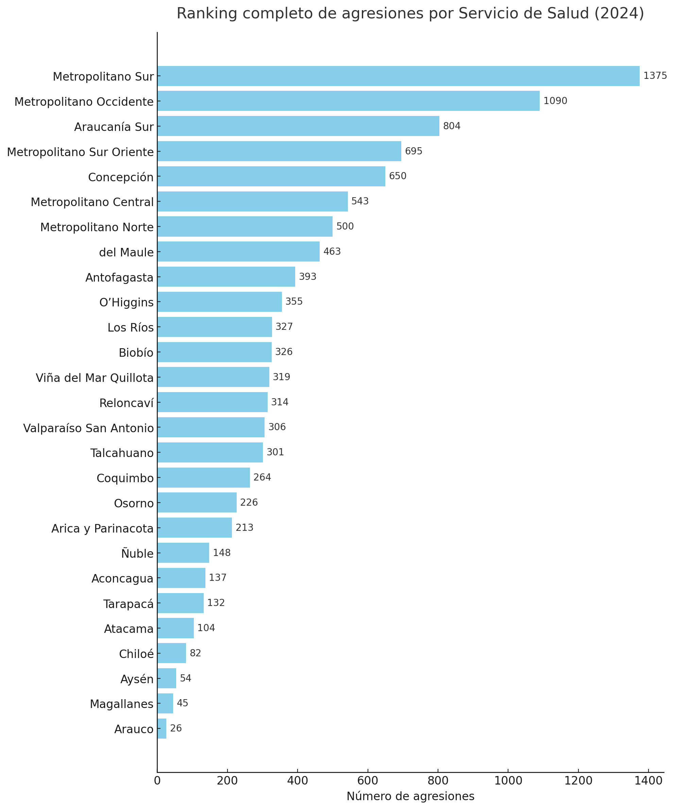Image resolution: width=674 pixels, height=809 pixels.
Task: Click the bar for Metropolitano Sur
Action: [398, 76]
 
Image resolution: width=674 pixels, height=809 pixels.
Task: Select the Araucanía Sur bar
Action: [298, 126]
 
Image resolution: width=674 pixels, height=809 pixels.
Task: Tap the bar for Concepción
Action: [271, 176]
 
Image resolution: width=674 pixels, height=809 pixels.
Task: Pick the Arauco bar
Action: [162, 729]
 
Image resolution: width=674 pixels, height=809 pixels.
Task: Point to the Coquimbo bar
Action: [203, 478]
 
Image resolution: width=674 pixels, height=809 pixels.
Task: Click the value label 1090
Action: [555, 101]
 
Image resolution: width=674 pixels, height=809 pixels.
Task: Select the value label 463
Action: [332, 252]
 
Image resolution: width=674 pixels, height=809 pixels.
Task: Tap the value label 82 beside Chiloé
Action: [195, 653]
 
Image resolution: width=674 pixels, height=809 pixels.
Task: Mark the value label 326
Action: [284, 352]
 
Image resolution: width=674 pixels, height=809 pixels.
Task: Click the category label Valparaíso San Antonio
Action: [88, 428]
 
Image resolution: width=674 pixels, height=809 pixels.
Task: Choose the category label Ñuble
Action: [137, 554]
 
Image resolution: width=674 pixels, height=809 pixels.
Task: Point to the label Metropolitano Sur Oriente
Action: [80, 152]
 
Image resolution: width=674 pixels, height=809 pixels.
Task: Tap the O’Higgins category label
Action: [126, 303]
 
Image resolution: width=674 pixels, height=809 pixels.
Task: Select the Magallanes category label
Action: [121, 704]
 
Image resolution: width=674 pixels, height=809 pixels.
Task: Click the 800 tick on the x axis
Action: [438, 781]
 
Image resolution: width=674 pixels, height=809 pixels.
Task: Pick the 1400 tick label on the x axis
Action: [648, 781]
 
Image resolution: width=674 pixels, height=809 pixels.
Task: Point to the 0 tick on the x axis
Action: [157, 781]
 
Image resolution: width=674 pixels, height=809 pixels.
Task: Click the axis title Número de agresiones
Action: [410, 796]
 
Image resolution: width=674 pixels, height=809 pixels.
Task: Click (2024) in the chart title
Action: [619, 14]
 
